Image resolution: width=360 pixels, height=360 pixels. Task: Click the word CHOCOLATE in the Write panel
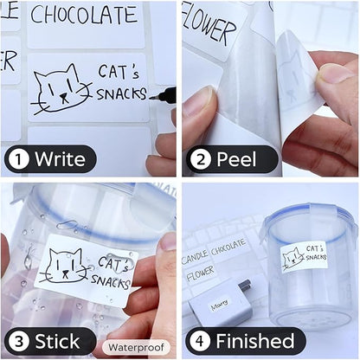(83, 16)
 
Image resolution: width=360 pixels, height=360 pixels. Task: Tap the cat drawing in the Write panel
(61, 88)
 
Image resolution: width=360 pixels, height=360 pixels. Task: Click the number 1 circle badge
(18, 158)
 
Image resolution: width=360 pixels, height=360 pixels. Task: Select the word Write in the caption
(60, 159)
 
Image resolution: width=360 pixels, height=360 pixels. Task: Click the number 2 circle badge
(199, 158)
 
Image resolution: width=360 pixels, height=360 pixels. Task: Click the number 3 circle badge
(18, 340)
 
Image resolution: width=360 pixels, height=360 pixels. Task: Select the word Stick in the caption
(57, 340)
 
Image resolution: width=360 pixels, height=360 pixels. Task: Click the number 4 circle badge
(199, 340)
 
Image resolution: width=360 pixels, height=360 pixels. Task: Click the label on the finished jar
(304, 256)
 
